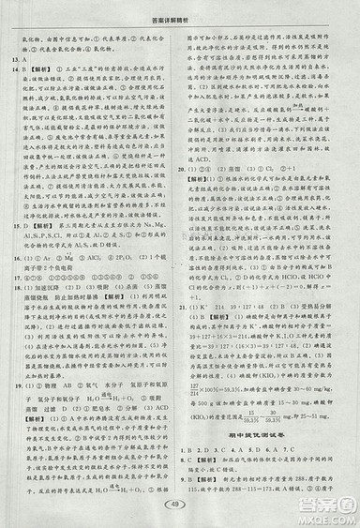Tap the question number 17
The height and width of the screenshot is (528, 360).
[x=13, y=278]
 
